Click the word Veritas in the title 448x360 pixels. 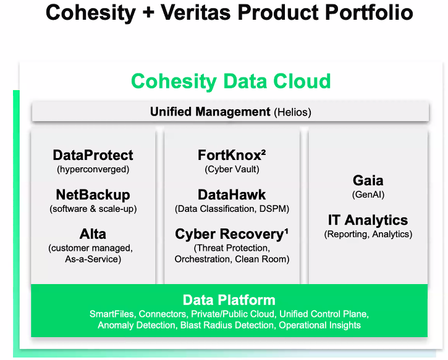tap(195, 12)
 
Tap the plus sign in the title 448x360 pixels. tap(148, 13)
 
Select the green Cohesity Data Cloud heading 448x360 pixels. tap(231, 82)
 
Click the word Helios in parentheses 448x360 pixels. tap(292, 112)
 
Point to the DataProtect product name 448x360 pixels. tap(93, 155)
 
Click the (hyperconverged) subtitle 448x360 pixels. tap(93, 169)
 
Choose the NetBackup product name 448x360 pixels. tap(93, 195)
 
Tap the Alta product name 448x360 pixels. tap(93, 234)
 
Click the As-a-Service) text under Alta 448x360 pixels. tap(93, 259)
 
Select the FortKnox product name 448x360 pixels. tap(229, 155)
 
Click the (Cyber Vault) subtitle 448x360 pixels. tap(232, 169)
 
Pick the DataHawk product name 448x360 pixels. tap(232, 195)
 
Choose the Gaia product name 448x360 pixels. tap(368, 180)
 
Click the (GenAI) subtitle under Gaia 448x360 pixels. tap(368, 195)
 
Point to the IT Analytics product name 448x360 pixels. tap(368, 220)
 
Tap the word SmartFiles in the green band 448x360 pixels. tap(112, 314)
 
